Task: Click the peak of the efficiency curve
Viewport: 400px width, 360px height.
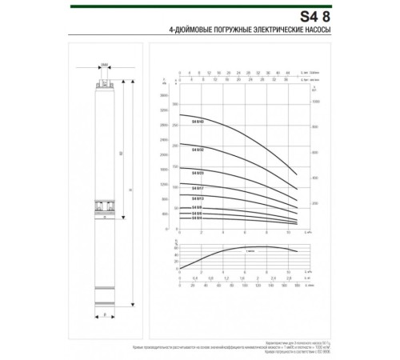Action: tap(256, 247)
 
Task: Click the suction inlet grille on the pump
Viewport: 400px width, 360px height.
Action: tap(104, 206)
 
